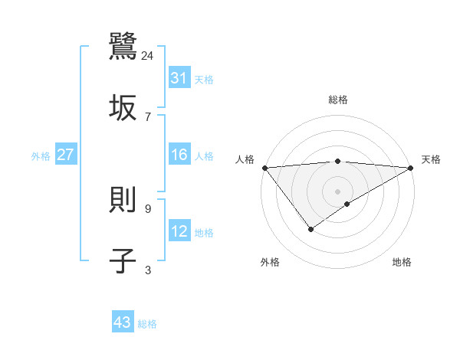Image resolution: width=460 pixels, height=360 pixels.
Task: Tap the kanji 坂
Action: (x=123, y=107)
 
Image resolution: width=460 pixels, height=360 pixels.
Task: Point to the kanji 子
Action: (x=123, y=260)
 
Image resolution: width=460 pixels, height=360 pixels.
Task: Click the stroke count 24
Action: (x=148, y=55)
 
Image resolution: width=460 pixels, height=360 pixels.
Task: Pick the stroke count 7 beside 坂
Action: (x=148, y=116)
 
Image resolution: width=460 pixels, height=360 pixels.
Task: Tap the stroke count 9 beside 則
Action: (x=148, y=208)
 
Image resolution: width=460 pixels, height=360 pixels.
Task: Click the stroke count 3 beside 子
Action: (x=148, y=270)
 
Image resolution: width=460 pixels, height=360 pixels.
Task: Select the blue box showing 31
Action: (x=179, y=78)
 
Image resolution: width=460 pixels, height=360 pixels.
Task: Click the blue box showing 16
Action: (x=179, y=155)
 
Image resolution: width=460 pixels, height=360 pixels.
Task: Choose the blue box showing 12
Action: (x=179, y=231)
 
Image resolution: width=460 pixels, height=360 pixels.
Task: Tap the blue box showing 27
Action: (x=66, y=155)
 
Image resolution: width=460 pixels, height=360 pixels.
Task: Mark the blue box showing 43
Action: (x=123, y=322)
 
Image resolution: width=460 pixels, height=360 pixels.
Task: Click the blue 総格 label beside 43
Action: (x=147, y=324)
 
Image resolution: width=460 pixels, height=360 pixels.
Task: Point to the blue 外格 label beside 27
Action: (x=41, y=156)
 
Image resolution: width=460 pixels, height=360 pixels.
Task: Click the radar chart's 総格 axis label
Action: (x=338, y=100)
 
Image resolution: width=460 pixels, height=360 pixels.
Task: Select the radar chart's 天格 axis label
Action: (x=431, y=159)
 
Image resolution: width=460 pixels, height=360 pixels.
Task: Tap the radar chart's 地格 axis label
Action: (x=402, y=263)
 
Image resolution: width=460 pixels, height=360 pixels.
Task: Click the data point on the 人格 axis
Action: (x=264, y=168)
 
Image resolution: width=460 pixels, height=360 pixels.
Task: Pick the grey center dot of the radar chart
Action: (x=337, y=191)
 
